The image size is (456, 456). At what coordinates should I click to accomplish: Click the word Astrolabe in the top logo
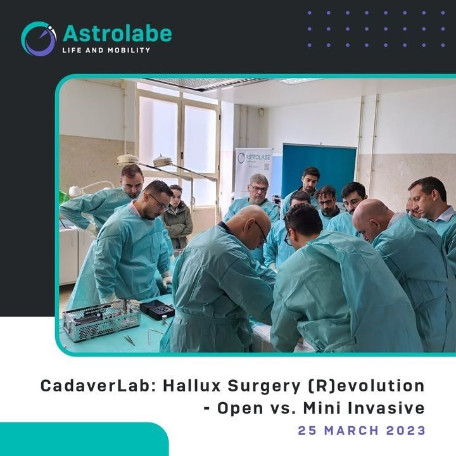(x=117, y=34)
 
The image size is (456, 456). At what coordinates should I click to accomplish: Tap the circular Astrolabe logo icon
(x=39, y=39)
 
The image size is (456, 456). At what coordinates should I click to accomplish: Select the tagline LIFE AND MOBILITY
(x=106, y=50)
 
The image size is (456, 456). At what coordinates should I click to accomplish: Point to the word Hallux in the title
(x=192, y=386)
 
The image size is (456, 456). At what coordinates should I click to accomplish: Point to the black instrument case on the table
(x=157, y=310)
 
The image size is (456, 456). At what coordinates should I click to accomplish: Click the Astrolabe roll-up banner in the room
(x=253, y=171)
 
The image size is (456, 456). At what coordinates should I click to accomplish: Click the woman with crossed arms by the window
(x=177, y=217)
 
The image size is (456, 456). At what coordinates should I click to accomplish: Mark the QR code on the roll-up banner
(x=267, y=167)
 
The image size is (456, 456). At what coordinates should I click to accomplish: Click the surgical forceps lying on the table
(x=129, y=340)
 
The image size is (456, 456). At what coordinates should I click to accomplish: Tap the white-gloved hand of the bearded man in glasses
(x=167, y=281)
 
